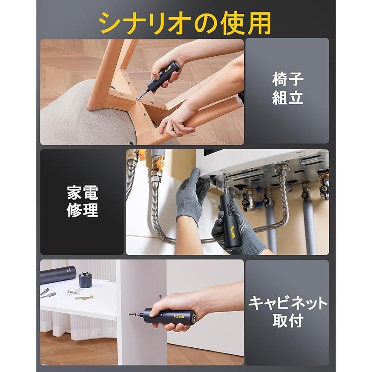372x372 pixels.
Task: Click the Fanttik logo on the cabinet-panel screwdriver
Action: tap(178, 316)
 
